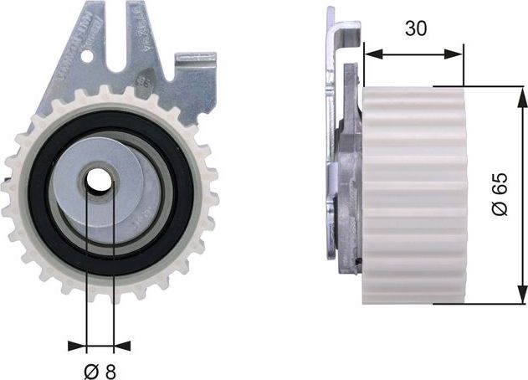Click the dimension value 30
415,28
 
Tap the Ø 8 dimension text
100,370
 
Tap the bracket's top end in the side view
333,17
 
